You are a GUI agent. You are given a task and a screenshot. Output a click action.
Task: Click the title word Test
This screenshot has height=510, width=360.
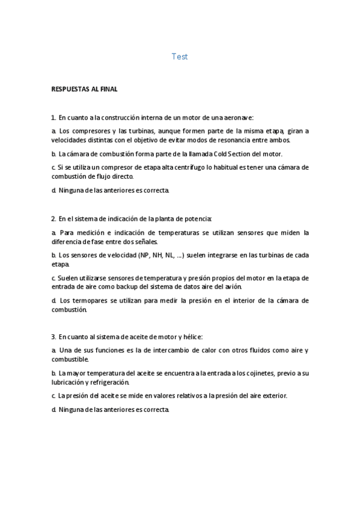[x=180, y=57]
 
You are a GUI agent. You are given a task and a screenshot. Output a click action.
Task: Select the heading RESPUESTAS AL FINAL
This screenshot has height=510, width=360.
[x=85, y=90]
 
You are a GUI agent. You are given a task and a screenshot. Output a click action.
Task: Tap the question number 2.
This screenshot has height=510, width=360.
[x=53, y=219]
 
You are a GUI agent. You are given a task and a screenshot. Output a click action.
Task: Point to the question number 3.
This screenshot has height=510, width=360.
[x=53, y=336]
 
